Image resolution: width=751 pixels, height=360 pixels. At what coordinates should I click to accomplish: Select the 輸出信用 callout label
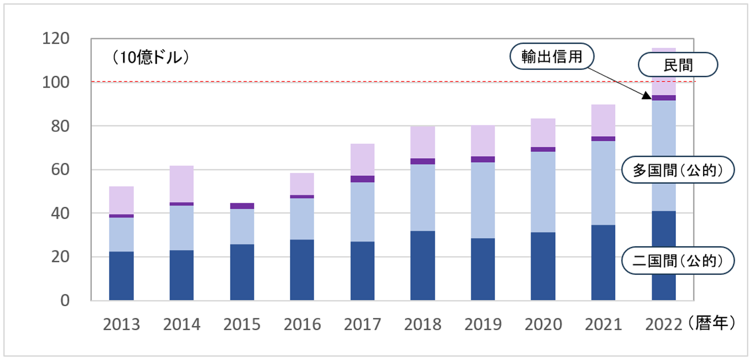pos(552,56)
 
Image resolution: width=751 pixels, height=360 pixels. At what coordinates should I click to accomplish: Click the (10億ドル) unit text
pos(150,58)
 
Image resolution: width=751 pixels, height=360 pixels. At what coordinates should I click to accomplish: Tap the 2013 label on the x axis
pos(122,325)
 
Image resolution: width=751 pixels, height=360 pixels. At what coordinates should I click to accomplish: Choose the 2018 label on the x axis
pos(422,325)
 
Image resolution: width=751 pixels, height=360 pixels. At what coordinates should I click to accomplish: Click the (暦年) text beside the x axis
pos(712,324)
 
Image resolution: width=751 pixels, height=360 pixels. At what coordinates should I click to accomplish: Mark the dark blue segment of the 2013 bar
pos(122,276)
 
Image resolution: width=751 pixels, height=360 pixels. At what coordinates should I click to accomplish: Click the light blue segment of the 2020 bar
pos(543,191)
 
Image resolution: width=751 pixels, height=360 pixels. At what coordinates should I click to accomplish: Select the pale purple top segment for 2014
pos(181,184)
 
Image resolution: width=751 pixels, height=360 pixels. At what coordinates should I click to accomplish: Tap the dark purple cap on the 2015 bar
pos(242,206)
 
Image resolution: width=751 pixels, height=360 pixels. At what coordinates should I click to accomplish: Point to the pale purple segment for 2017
pos(362,160)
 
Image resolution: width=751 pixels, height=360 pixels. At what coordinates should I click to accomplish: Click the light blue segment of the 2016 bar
pos(302,219)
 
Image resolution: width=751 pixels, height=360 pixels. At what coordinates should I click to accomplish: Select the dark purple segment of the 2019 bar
pos(483,159)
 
